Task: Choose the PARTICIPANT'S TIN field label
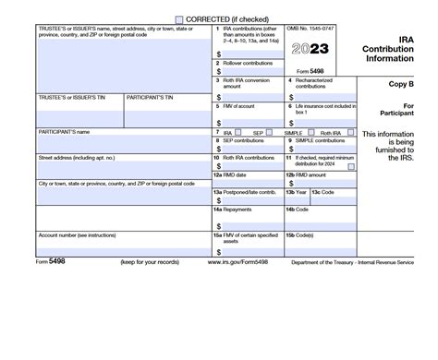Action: point(152,95)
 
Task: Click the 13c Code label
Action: point(322,192)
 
